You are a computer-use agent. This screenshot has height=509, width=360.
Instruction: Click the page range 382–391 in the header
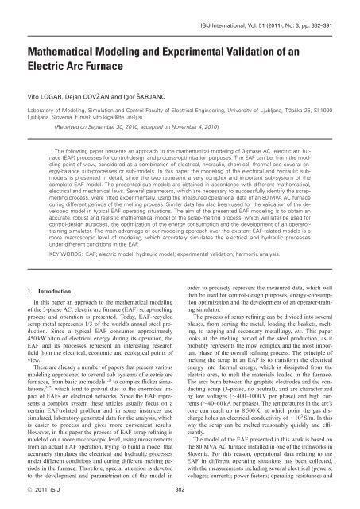[x=330, y=14]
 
